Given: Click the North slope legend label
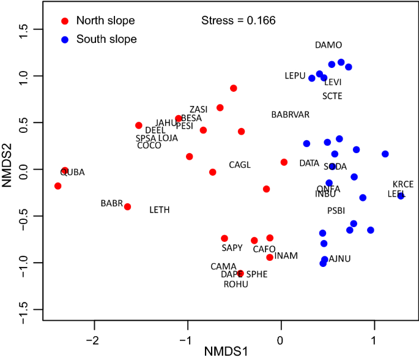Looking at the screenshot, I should coord(105,21).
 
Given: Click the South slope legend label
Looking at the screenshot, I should coord(106,39).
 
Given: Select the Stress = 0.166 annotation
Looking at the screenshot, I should coord(239,21).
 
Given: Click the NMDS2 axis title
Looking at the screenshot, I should coord(9,168).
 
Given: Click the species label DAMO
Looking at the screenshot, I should coord(328,45).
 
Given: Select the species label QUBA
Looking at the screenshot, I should coord(72,173).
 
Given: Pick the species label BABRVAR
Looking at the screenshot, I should coord(291,114).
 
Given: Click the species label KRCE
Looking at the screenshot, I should coord(403,184).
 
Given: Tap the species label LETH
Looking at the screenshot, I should coord(159,210).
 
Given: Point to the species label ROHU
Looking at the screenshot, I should coord(236,284).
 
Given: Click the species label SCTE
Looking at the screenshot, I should coord(332,96).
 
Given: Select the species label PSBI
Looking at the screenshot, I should coord(336,211).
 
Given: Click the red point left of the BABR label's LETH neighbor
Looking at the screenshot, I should coord(127,207).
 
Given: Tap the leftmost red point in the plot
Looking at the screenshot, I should coord(57,186).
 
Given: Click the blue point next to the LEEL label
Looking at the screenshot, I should coord(401,196).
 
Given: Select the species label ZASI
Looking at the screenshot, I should coord(198,110).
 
